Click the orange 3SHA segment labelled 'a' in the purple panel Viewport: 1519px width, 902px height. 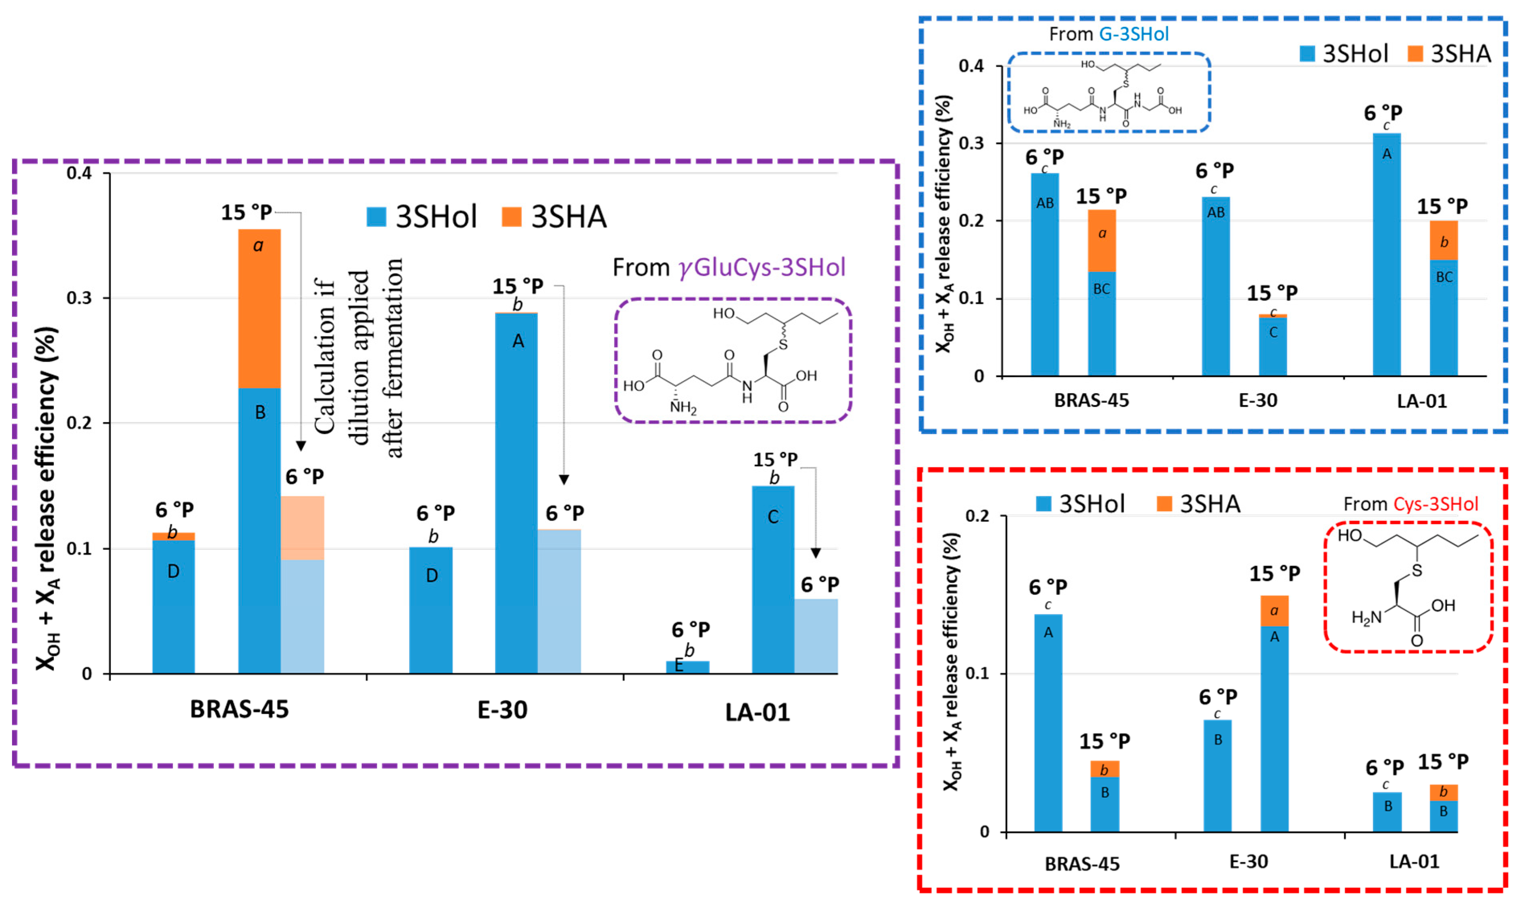pos(260,308)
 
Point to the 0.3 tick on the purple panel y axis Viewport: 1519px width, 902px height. pos(79,298)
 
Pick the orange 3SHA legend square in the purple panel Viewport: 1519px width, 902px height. pos(512,216)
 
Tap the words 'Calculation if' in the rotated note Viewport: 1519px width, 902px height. pos(325,356)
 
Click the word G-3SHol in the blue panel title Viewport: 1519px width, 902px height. pos(1134,34)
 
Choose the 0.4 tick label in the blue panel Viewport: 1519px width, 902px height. pos(971,66)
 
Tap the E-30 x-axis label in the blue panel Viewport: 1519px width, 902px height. pos(1258,400)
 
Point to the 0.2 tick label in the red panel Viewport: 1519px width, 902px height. pos(977,516)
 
